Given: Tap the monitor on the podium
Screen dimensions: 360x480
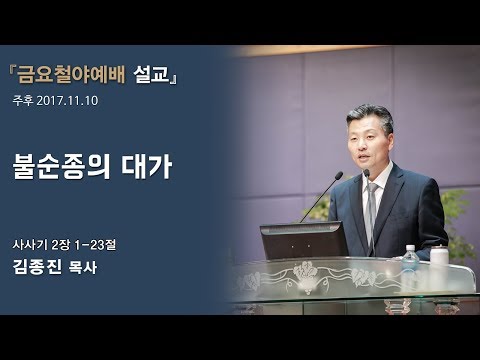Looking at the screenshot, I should [303, 241].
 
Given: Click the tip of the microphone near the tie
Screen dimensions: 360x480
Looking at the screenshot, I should [366, 173].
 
